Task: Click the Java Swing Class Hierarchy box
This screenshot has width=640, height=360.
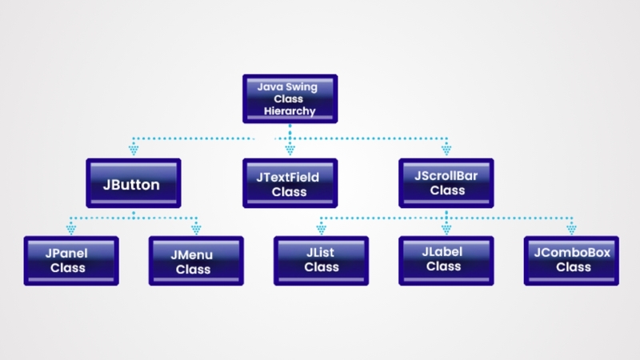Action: tap(290, 98)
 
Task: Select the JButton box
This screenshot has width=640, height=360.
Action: tap(133, 184)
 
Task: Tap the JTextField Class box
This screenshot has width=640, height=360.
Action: tap(290, 183)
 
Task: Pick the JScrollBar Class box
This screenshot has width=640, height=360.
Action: tap(446, 183)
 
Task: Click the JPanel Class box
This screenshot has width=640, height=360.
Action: tap(70, 260)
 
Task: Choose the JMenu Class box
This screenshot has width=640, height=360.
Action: tap(196, 261)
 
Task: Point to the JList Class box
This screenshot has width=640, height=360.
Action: tap(321, 260)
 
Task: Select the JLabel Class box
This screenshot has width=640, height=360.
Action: tap(446, 260)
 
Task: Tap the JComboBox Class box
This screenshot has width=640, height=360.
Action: tap(571, 260)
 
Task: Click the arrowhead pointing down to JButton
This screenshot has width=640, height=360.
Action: tap(134, 149)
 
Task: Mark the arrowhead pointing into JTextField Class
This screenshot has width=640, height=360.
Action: tap(290, 149)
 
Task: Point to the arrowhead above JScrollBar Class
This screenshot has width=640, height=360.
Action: tap(446, 149)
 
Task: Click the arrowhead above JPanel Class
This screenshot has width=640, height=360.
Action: tap(70, 227)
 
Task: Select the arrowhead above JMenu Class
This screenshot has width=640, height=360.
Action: tap(196, 227)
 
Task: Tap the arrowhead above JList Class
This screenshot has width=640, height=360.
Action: tap(321, 227)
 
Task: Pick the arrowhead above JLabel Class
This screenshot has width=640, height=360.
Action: tap(446, 227)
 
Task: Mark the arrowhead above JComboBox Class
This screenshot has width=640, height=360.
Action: tap(571, 227)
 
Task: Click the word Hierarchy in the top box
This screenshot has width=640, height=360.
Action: tap(290, 111)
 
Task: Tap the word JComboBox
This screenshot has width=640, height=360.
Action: tap(571, 253)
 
